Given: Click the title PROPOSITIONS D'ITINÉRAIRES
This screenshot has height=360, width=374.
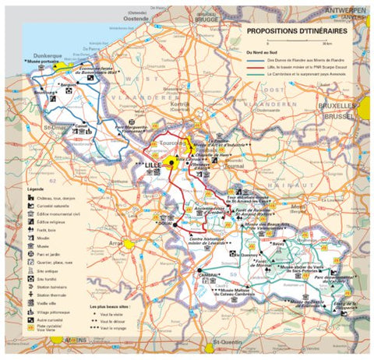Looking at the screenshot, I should tap(296, 32).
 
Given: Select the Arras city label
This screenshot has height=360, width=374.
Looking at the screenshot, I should tap(117, 244).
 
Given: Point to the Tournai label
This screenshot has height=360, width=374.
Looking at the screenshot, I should tap(234, 165).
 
